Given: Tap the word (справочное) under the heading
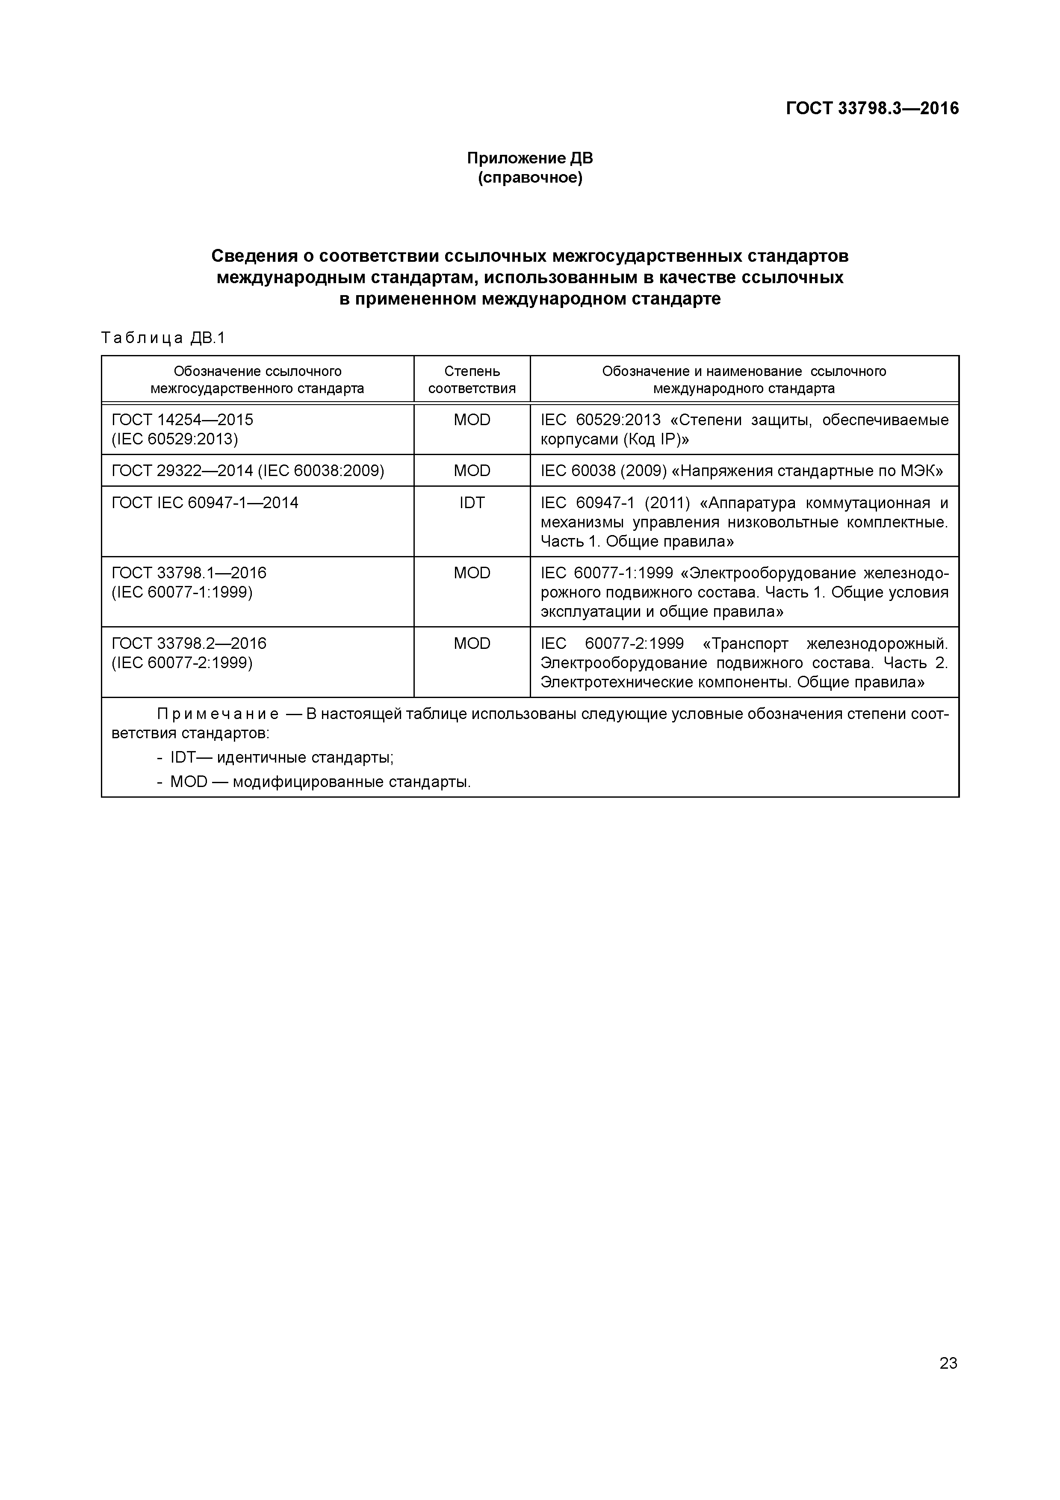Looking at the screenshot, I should pyautogui.click(x=530, y=178).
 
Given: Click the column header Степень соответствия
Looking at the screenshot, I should pyautogui.click(x=472, y=379).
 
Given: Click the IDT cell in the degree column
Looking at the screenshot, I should pyautogui.click(x=472, y=503).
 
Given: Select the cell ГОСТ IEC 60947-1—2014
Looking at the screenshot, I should pyautogui.click(x=205, y=503).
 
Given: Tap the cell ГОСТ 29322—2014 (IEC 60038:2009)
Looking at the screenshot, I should pyautogui.click(x=248, y=470).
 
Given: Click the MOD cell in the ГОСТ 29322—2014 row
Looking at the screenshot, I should pyautogui.click(x=472, y=470).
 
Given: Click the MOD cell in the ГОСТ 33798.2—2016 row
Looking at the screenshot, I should pyautogui.click(x=472, y=644).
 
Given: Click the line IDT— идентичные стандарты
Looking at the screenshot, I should pyautogui.click(x=281, y=758).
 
